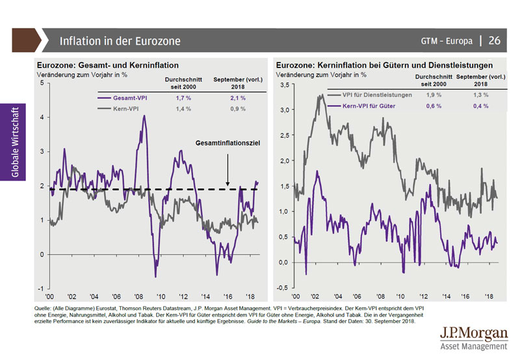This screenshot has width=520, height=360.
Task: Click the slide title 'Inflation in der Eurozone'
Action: coord(120,41)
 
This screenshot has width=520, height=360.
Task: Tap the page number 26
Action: coord(494,40)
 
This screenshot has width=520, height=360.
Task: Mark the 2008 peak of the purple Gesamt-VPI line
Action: coord(144,117)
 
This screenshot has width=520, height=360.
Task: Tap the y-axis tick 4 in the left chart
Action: coord(42,118)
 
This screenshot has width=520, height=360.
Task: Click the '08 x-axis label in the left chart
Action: coord(138,295)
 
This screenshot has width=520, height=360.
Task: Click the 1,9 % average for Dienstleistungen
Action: coord(432,96)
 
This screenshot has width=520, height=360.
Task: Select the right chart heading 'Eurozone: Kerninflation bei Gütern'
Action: coord(384,66)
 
